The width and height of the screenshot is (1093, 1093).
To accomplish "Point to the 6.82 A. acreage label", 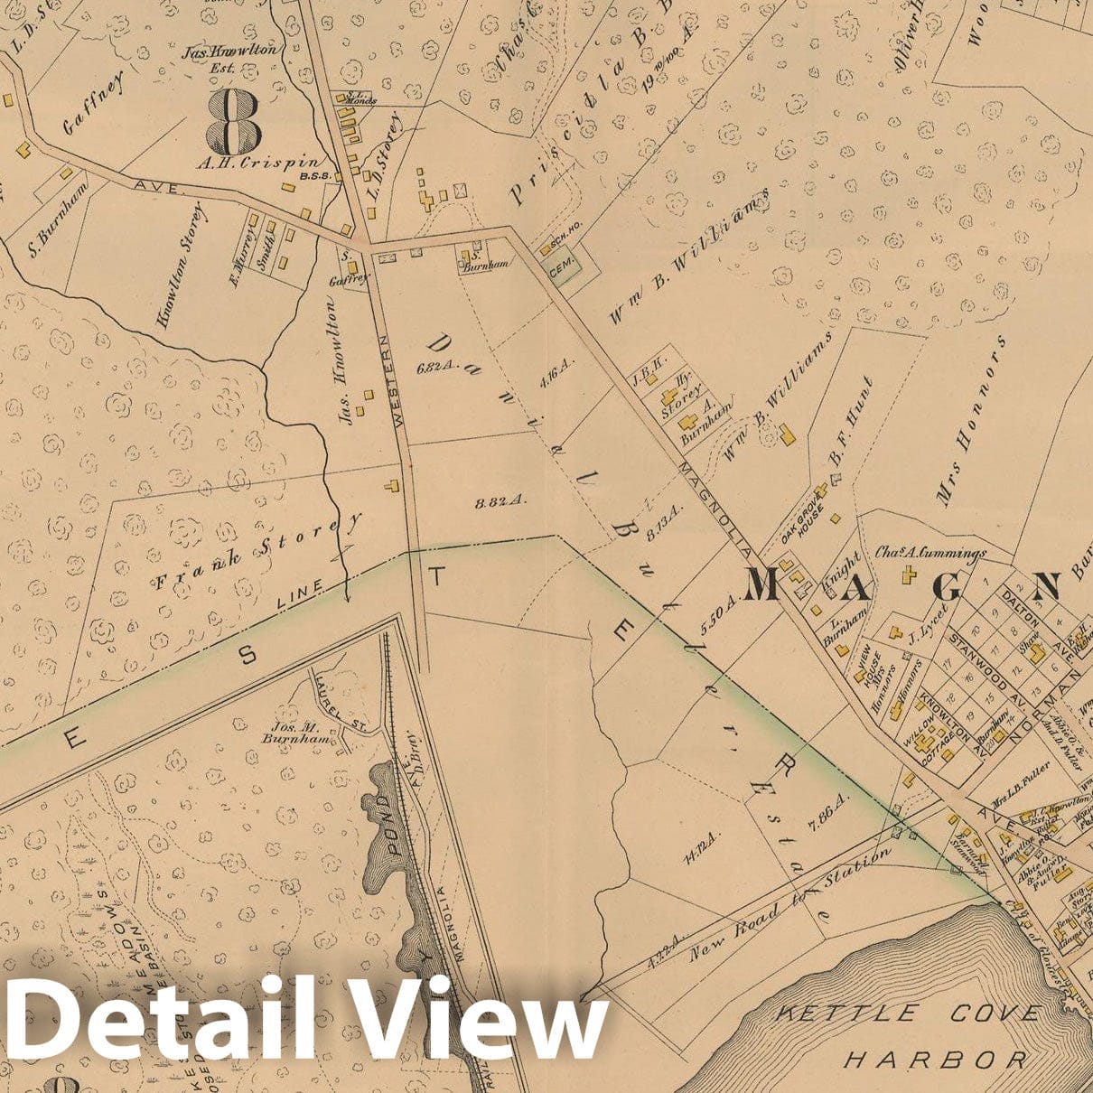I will click(434, 368).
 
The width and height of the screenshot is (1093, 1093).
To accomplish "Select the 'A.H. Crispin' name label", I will click(241, 163).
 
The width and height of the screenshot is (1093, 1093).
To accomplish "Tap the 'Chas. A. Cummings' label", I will click(930, 552).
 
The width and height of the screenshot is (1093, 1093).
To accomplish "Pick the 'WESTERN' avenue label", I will click(392, 380).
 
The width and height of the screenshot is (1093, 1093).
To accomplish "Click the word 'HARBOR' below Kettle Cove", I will click(935, 1059).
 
